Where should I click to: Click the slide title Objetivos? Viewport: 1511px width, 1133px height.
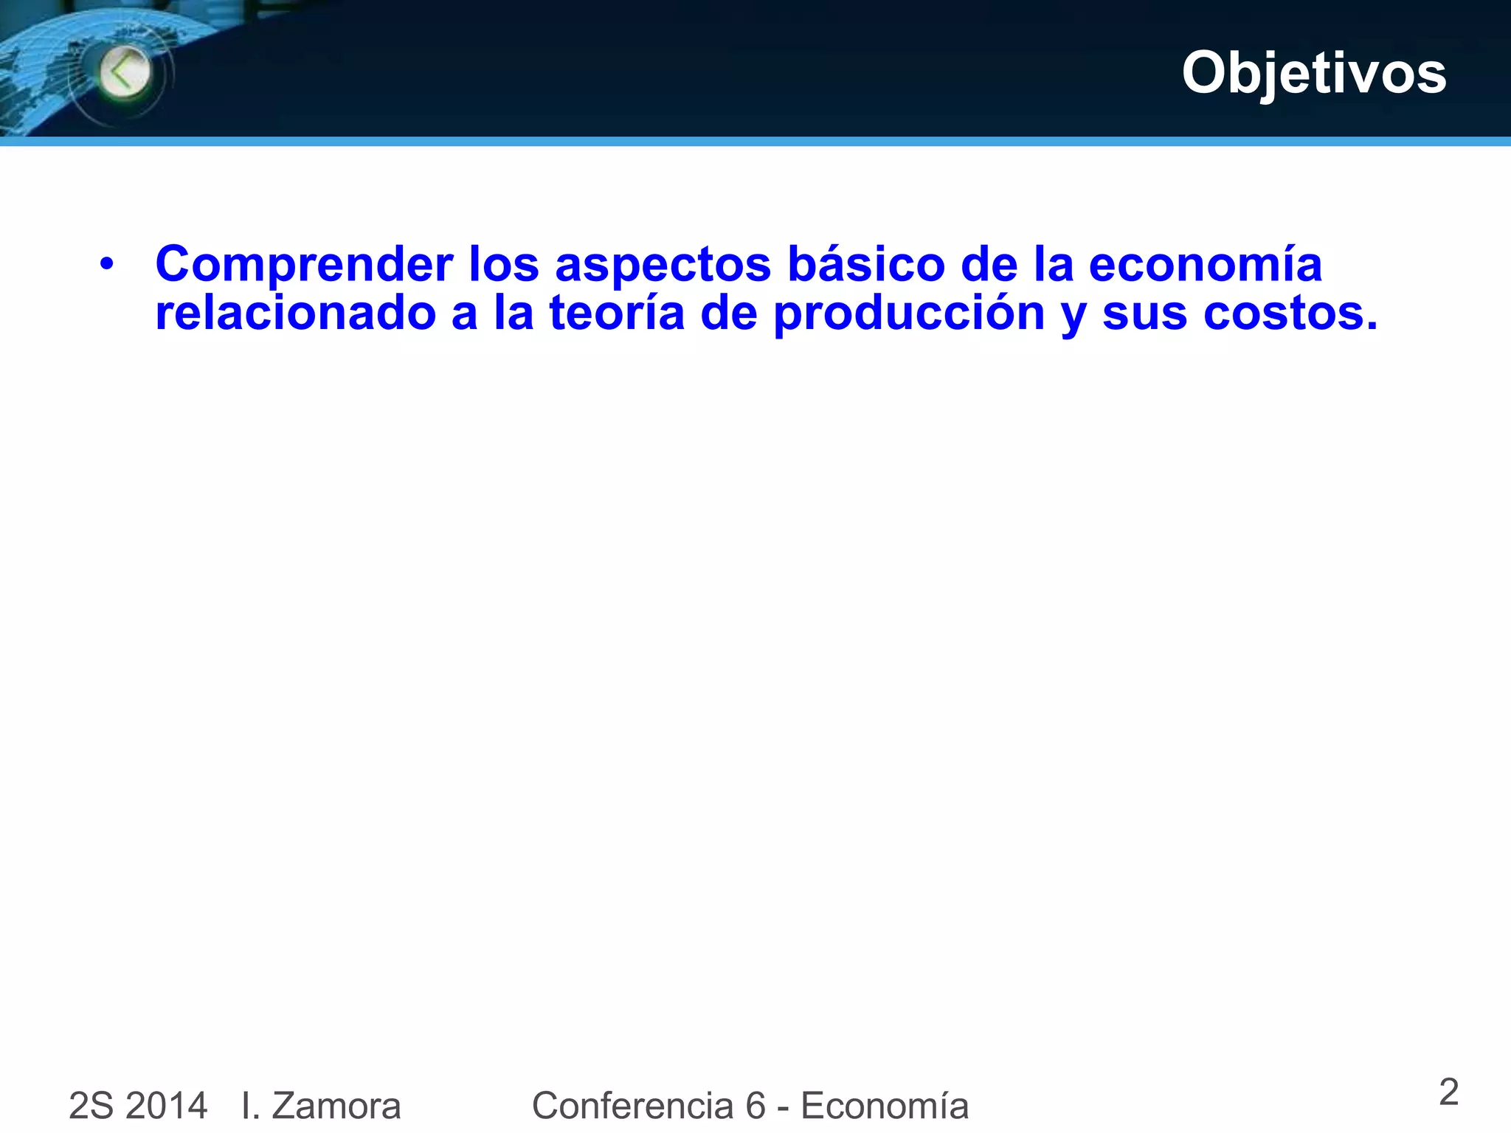point(1313,73)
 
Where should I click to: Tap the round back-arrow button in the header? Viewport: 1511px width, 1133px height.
point(125,72)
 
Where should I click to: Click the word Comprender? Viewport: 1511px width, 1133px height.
point(304,265)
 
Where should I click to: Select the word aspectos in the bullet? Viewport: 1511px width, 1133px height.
point(663,265)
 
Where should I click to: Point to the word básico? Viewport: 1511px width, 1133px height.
point(866,263)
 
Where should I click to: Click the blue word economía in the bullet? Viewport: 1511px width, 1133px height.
point(1205,263)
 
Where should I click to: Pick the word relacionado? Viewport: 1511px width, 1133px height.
point(295,312)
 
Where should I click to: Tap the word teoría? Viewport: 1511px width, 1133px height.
point(617,312)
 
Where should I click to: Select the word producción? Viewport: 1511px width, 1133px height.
point(909,313)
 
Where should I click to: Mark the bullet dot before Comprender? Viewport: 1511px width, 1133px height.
point(107,263)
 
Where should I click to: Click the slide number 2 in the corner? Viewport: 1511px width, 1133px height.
point(1448,1092)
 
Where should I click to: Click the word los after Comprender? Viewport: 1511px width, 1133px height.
point(504,263)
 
